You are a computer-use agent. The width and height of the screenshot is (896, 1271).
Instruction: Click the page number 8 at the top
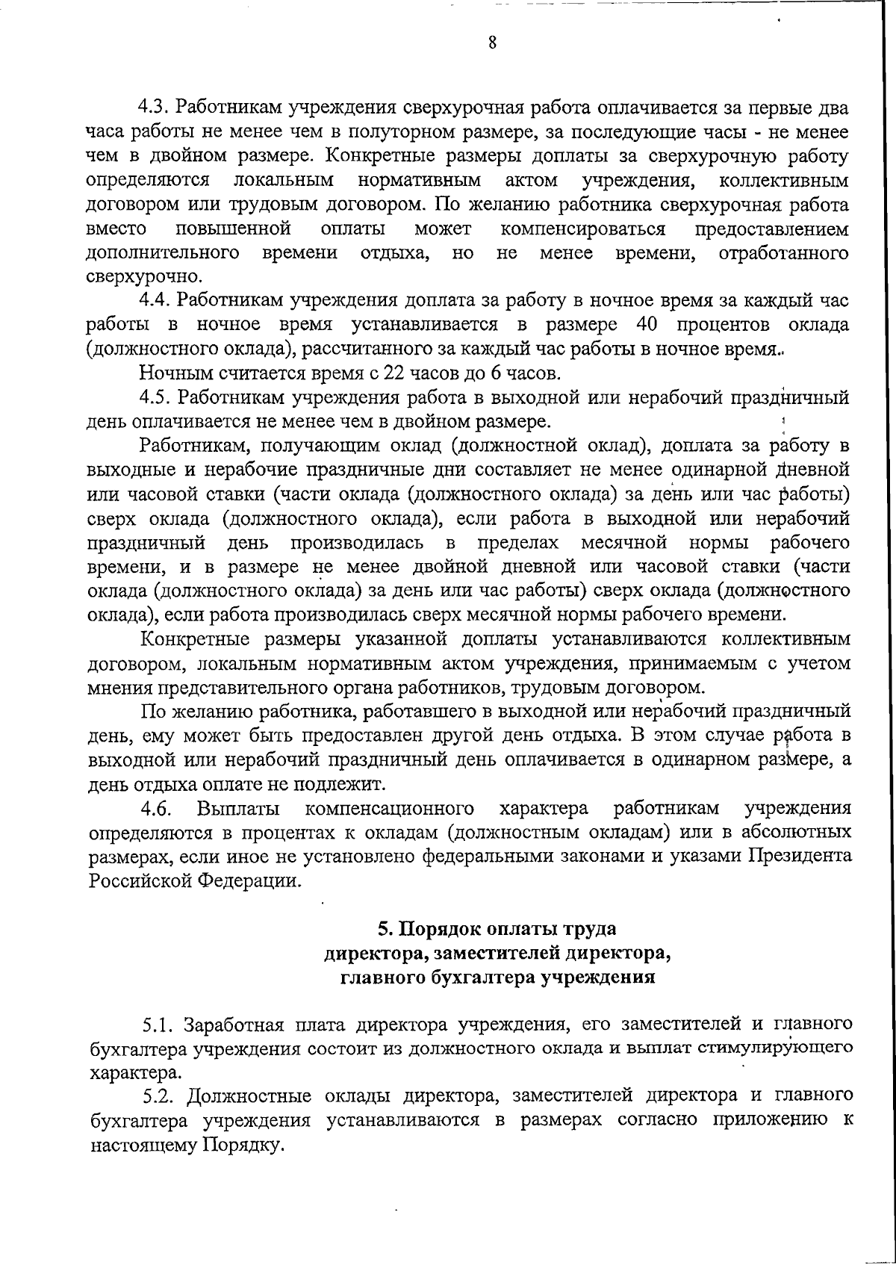tap(492, 43)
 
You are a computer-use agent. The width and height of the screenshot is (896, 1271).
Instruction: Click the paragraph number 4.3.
tap(155, 108)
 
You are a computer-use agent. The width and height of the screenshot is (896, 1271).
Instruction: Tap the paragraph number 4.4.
tap(155, 301)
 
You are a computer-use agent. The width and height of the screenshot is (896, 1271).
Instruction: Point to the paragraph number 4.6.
tap(156, 809)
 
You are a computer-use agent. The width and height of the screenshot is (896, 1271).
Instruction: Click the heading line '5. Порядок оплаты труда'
tap(497, 929)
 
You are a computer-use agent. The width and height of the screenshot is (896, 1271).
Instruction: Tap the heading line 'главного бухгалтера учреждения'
tap(497, 978)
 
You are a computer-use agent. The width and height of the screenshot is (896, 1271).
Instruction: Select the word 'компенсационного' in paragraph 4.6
tap(390, 809)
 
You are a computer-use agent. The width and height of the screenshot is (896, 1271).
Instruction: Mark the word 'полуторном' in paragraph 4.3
tap(412, 133)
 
